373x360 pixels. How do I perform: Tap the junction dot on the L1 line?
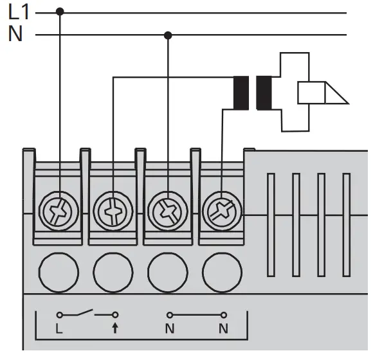click(x=60, y=12)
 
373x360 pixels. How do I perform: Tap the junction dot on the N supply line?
click(x=168, y=35)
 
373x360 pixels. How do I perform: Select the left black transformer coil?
click(x=241, y=93)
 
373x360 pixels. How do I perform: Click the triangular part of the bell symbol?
click(x=336, y=94)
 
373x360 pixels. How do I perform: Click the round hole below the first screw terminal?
click(x=59, y=273)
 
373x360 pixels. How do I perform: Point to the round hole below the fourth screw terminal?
click(x=222, y=273)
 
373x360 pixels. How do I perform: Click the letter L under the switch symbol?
click(x=59, y=329)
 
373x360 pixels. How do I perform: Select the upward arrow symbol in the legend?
click(x=114, y=329)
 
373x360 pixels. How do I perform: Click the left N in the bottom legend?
click(x=170, y=329)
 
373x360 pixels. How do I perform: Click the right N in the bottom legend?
click(x=224, y=329)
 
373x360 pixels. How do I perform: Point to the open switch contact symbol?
click(x=87, y=314)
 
